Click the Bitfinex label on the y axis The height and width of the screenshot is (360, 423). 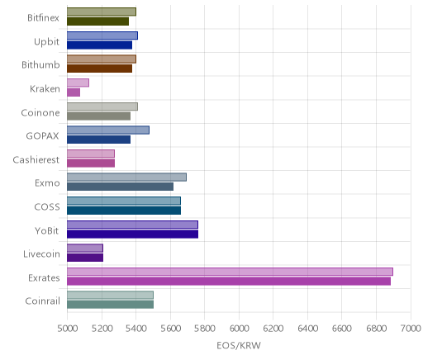(x=43, y=18)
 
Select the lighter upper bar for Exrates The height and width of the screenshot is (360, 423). (x=230, y=272)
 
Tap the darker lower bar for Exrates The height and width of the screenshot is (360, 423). (x=229, y=282)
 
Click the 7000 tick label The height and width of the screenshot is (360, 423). (x=411, y=329)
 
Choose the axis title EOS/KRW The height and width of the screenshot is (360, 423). (x=239, y=346)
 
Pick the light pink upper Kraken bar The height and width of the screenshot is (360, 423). (x=78, y=83)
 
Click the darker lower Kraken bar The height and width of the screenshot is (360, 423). (x=74, y=92)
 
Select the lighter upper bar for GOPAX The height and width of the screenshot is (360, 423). (x=108, y=130)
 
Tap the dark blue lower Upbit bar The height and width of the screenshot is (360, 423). (x=100, y=45)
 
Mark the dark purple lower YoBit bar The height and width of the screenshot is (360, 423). (x=133, y=234)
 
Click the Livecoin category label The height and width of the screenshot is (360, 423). (x=41, y=254)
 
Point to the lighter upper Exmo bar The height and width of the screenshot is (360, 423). (x=126, y=178)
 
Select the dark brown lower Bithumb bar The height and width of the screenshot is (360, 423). (x=100, y=69)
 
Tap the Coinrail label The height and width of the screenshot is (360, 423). (x=42, y=301)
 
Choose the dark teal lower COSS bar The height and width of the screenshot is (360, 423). (x=124, y=211)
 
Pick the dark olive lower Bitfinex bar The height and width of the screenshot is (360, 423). (x=98, y=21)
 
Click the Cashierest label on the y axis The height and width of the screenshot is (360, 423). (x=36, y=160)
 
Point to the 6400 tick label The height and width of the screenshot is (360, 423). (x=307, y=329)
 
